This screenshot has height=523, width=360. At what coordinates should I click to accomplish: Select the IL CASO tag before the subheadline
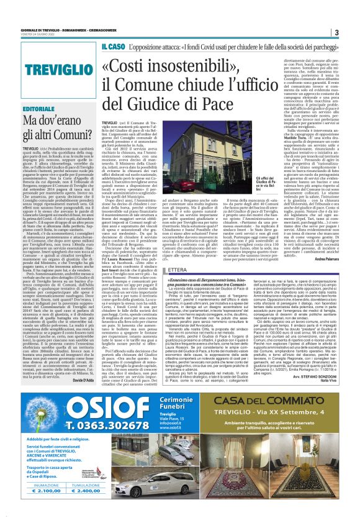(113, 46)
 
